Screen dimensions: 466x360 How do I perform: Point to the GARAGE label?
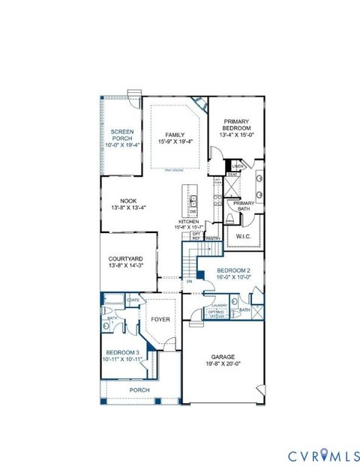(222, 358)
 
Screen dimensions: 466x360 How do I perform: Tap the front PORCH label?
(139, 390)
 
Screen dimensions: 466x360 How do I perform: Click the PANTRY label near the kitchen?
(212, 239)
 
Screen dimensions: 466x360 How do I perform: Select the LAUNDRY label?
(219, 306)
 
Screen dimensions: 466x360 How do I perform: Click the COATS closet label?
(133, 300)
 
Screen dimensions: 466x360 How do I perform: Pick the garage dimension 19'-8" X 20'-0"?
(222, 365)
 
